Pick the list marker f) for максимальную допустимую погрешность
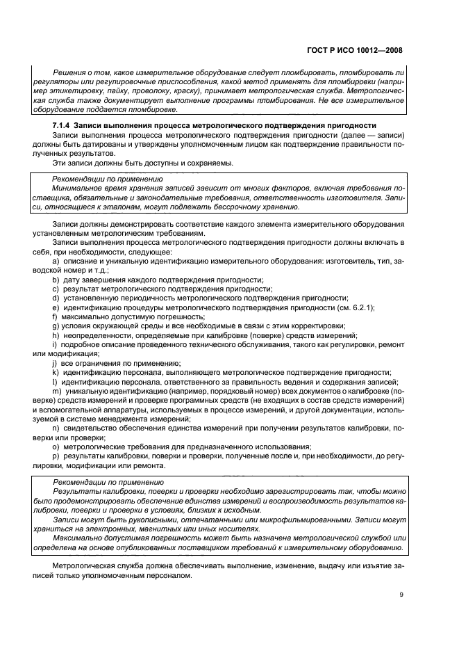click(x=55, y=316)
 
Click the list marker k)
click(x=56, y=372)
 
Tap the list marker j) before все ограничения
click(x=55, y=363)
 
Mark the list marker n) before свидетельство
click(x=56, y=428)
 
